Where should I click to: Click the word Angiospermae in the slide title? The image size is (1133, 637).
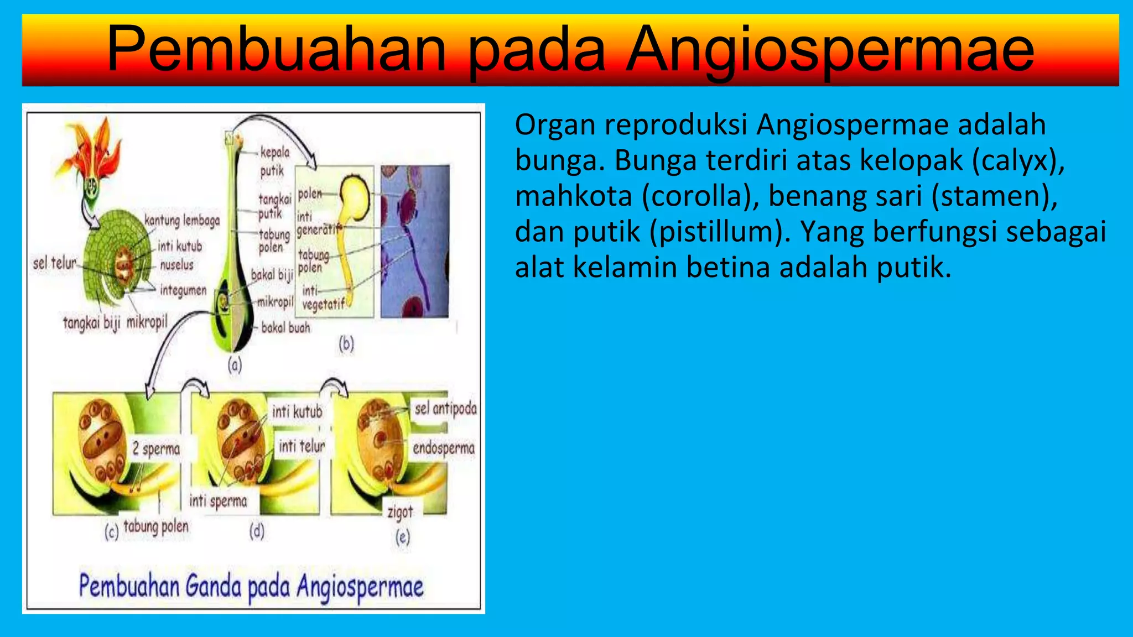[830, 50]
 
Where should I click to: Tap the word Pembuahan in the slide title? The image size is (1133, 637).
[277, 50]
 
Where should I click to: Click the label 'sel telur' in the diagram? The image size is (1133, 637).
[55, 263]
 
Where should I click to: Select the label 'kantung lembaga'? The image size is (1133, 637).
[182, 220]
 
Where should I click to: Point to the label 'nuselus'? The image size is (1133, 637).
[176, 265]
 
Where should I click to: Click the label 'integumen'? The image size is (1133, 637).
[183, 290]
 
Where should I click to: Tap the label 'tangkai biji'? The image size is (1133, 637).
[91, 322]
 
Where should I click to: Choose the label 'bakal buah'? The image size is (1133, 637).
[285, 327]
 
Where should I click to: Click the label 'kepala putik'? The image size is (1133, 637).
[274, 161]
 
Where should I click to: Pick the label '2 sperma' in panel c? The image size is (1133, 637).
[156, 448]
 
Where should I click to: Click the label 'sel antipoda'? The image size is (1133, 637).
[445, 409]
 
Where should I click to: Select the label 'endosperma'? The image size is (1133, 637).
[444, 447]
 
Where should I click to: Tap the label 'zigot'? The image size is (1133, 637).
[400, 512]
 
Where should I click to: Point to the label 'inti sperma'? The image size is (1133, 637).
[218, 501]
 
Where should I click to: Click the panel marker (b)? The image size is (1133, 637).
[346, 344]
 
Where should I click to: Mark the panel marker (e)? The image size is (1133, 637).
[403, 537]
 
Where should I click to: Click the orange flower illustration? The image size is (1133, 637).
[94, 149]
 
